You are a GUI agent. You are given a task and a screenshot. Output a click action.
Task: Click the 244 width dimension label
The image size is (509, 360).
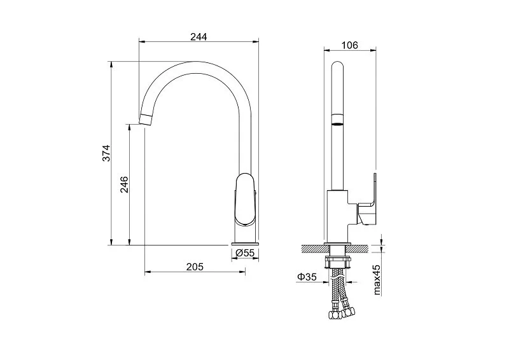[x=199, y=37]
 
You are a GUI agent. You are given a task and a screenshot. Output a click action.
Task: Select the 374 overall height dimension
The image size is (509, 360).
[x=106, y=153]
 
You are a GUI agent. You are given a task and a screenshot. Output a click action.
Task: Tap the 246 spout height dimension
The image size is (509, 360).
[x=124, y=184]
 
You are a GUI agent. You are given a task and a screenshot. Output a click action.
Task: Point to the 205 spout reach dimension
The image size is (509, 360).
[x=195, y=267]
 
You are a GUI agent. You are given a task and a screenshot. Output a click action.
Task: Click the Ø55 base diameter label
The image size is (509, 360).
[x=245, y=253]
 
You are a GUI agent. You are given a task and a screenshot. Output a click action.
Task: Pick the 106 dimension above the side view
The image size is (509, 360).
[x=349, y=45]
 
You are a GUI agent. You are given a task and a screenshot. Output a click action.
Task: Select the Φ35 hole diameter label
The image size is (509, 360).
[x=307, y=277]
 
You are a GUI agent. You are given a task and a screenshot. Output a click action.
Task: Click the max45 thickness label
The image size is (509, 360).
[x=377, y=280]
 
